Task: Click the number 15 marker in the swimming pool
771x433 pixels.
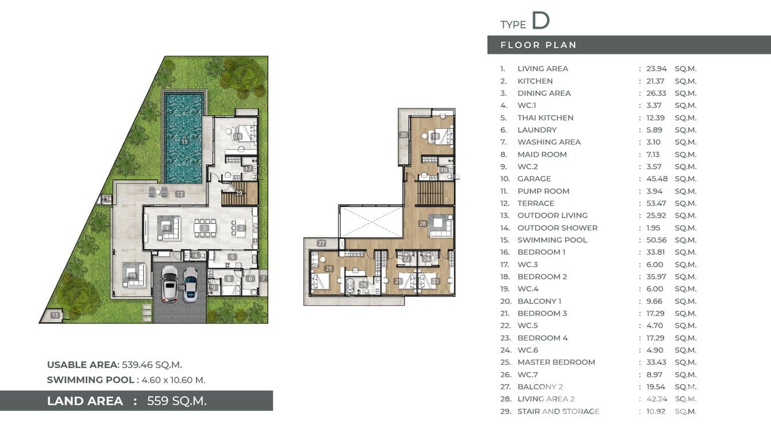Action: point(184,141)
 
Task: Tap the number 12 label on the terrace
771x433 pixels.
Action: point(180,194)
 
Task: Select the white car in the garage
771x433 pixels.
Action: point(169,284)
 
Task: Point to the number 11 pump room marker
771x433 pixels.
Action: point(55,315)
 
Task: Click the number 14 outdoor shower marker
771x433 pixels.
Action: point(107,199)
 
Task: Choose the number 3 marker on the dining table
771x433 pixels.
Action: point(204,228)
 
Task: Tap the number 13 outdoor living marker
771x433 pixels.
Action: point(133,276)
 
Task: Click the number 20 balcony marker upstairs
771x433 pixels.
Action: point(403,135)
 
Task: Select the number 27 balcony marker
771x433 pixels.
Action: point(321,243)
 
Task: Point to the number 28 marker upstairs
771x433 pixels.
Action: point(423,223)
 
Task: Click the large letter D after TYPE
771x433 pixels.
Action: point(540,21)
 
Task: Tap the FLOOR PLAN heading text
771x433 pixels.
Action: point(538,45)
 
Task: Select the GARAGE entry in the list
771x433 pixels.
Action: point(534,179)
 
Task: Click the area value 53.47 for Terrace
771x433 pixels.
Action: point(657,203)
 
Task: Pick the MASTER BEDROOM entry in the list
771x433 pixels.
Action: point(556,362)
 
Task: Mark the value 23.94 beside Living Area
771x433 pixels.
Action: point(657,68)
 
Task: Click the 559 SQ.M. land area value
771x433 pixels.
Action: point(176,401)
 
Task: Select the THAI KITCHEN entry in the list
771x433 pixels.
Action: point(545,118)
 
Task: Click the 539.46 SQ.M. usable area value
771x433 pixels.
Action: point(152,365)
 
